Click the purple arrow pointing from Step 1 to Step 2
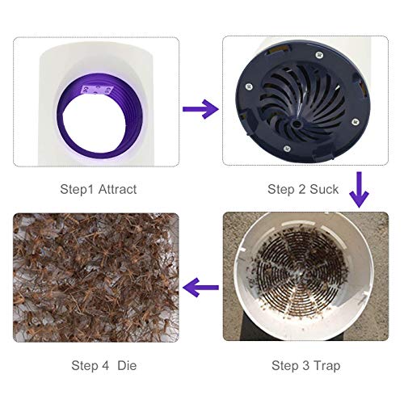(x=200, y=107)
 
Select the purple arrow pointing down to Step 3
(x=356, y=191)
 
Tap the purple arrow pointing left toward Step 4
(x=201, y=284)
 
